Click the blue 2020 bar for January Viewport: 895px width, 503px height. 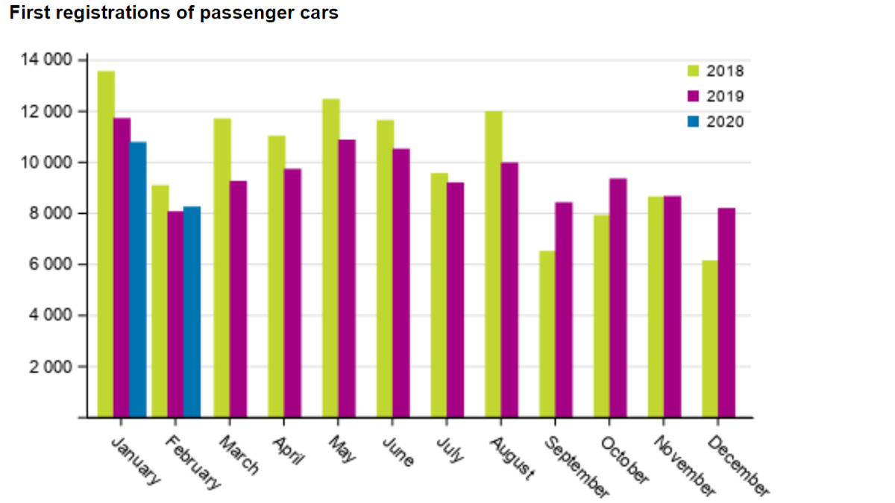[137, 279]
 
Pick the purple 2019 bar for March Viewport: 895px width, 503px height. [238, 298]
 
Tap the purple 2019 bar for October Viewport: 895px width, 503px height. [618, 297]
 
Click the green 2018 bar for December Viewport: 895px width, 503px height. [710, 338]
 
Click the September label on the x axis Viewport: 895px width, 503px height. [575, 466]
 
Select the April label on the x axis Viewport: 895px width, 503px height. [288, 450]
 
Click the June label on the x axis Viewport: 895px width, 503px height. [398, 452]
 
